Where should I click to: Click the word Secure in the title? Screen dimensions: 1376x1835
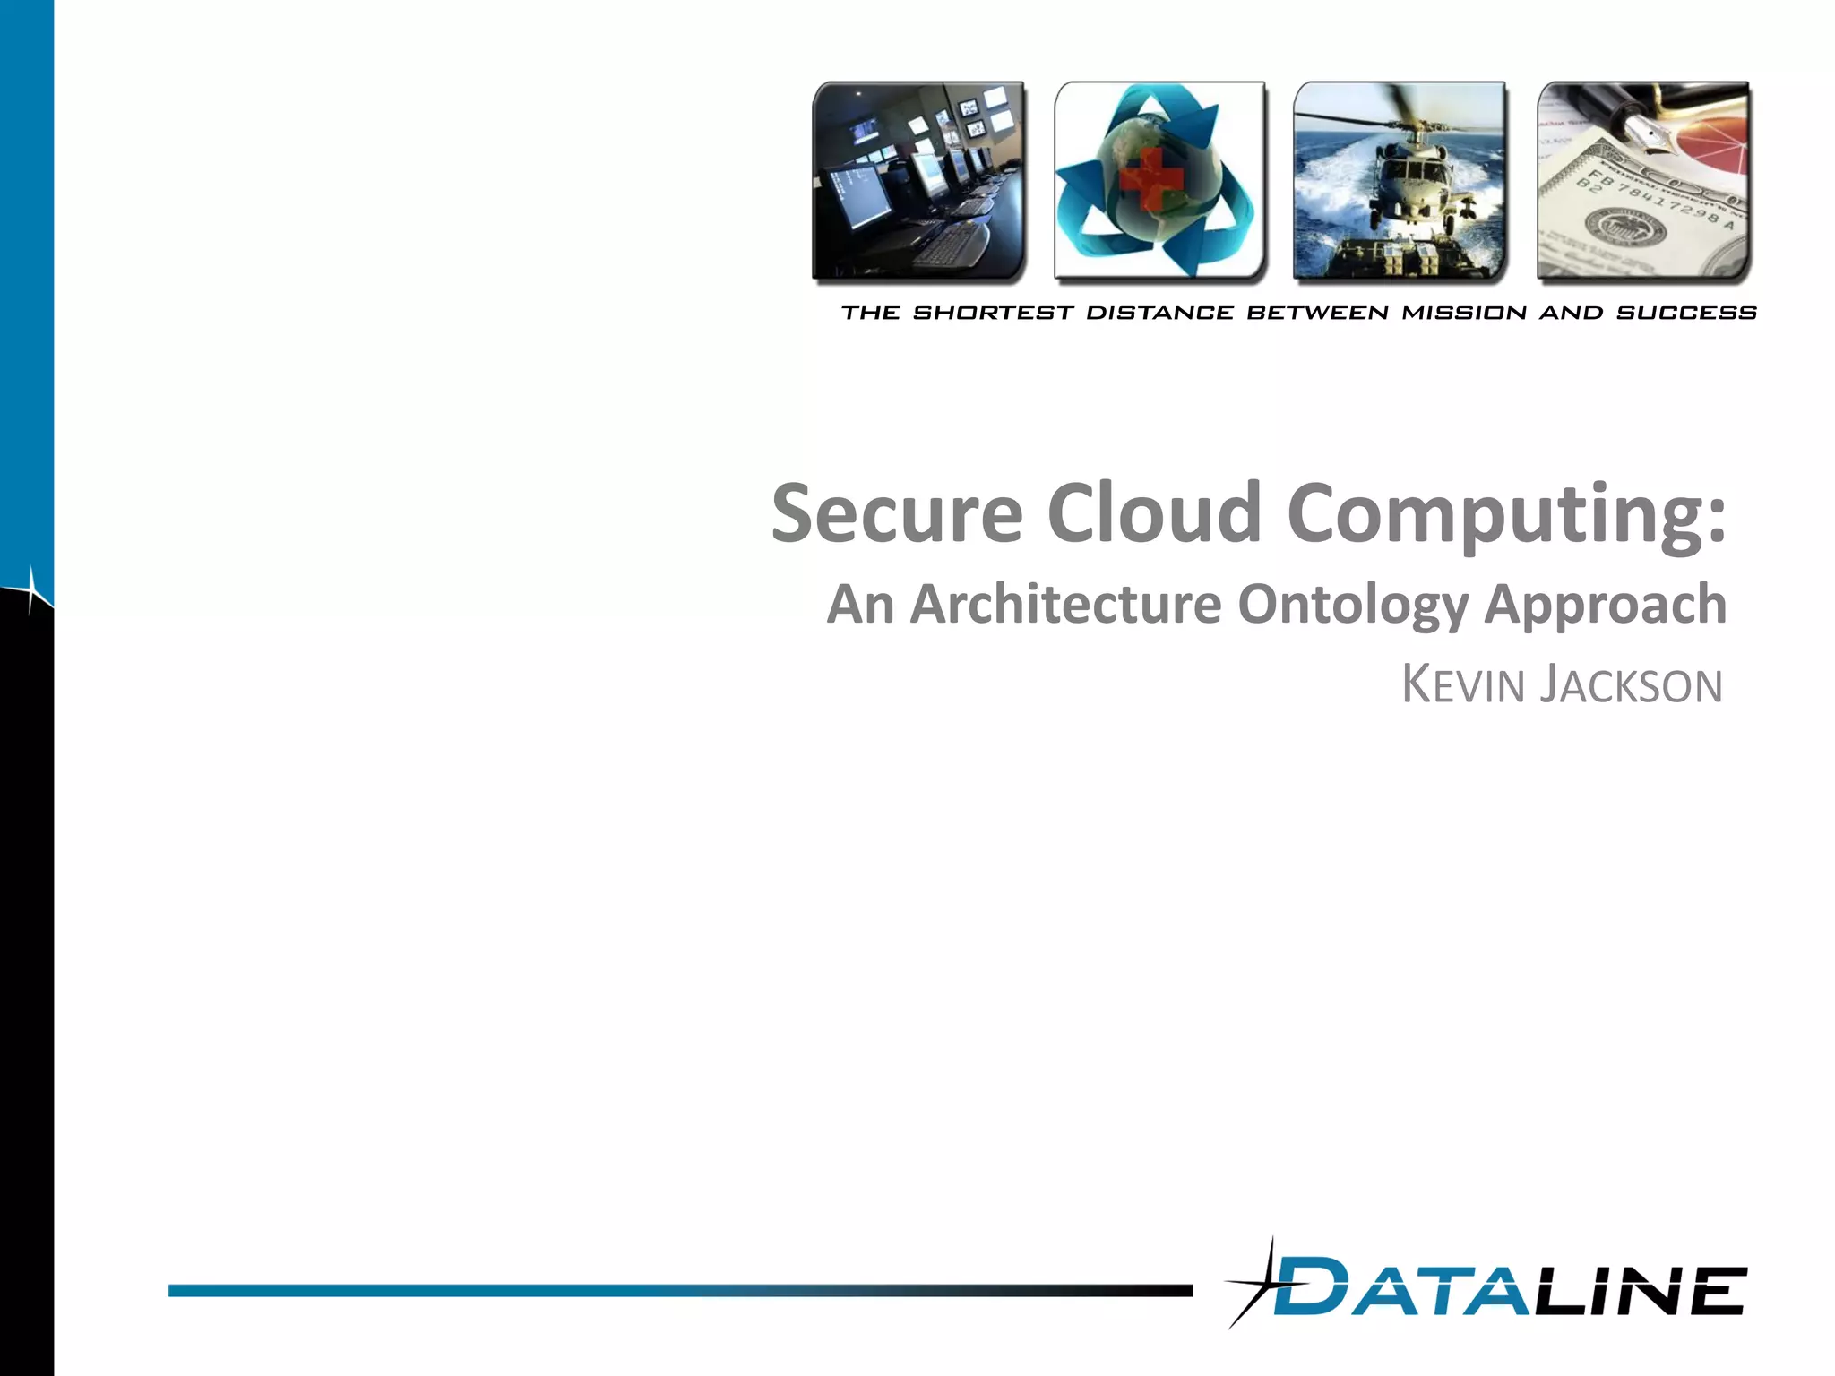tap(897, 513)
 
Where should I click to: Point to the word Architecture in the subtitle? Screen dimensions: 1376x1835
tap(1065, 604)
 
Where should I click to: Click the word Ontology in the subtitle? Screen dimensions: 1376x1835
tap(1353, 606)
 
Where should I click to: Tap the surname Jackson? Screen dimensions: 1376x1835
tap(1631, 685)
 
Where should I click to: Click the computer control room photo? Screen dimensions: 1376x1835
tap(918, 181)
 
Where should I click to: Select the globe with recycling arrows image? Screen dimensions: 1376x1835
tap(1159, 181)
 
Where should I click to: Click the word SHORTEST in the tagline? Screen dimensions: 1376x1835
tap(993, 313)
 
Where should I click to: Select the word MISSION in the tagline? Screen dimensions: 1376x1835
tap(1464, 313)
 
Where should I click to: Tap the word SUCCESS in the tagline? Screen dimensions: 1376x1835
tap(1686, 313)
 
